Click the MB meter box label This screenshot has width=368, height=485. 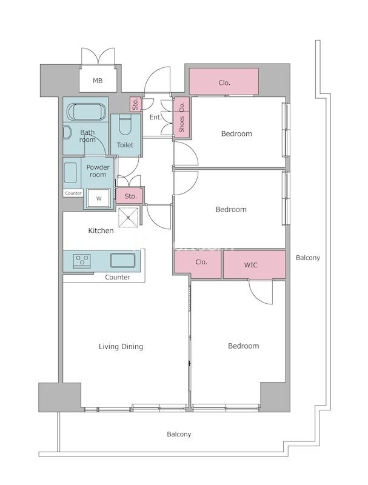coord(98,81)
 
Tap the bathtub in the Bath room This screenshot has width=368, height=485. coord(86,112)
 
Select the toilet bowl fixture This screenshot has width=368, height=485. coord(125,124)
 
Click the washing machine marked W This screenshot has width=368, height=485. coord(98,198)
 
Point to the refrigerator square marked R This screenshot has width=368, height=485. coord(128,217)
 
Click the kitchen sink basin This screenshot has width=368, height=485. coord(123,260)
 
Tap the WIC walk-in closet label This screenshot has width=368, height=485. coord(250,265)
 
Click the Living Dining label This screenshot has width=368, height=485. coord(121,347)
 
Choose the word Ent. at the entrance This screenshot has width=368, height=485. coord(156,117)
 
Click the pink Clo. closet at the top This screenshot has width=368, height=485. coord(224,81)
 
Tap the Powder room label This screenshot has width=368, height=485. coord(98,171)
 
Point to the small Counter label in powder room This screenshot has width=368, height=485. coord(73,193)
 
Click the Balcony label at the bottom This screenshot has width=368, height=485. coord(179,434)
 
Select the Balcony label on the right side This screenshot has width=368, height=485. coord(308,258)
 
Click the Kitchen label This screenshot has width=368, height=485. coord(101,230)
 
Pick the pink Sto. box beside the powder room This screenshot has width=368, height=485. coord(130,195)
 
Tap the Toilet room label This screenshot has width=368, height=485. coord(125,145)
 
